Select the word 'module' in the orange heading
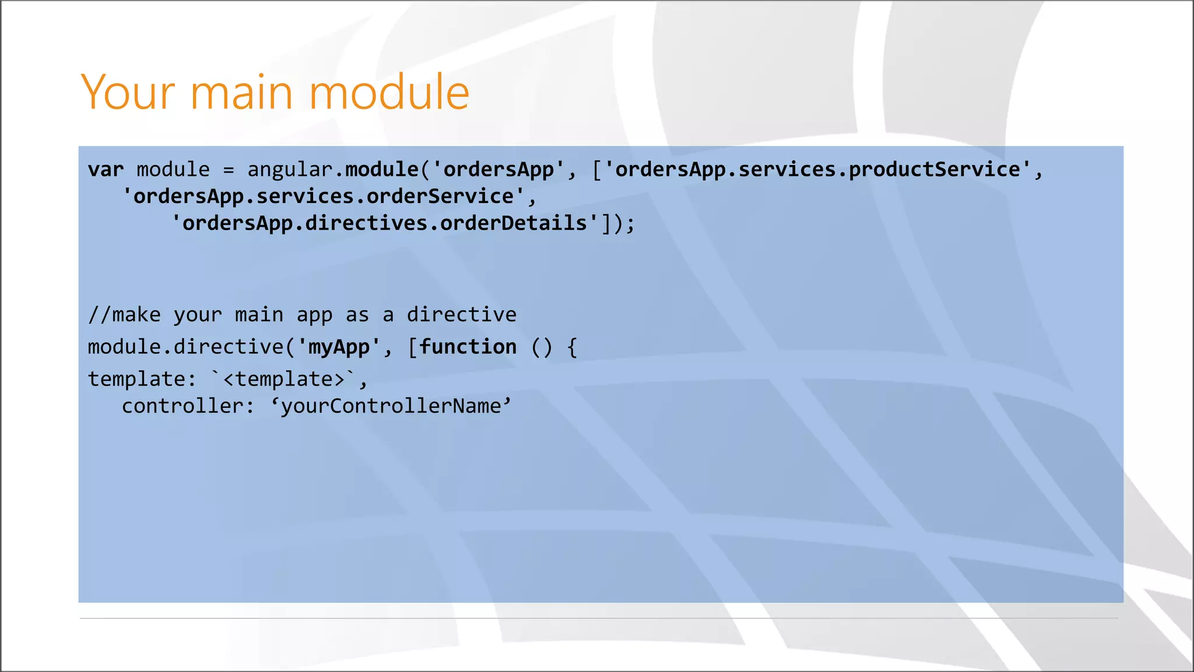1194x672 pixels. tap(388, 92)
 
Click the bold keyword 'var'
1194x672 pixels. tap(106, 170)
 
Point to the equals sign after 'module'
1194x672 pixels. tap(229, 170)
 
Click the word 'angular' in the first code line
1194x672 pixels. tap(290, 170)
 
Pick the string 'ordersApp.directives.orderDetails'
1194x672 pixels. tap(385, 223)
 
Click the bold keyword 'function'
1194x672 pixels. tap(468, 347)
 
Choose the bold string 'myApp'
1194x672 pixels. tap(339, 347)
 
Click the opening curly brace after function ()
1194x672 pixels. tap(572, 348)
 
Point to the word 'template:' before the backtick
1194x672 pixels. tap(142, 379)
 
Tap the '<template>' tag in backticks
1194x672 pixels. tap(284, 379)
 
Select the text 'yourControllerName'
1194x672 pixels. tap(391, 406)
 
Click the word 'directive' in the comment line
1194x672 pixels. tap(461, 315)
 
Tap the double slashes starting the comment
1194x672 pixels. tap(100, 315)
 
